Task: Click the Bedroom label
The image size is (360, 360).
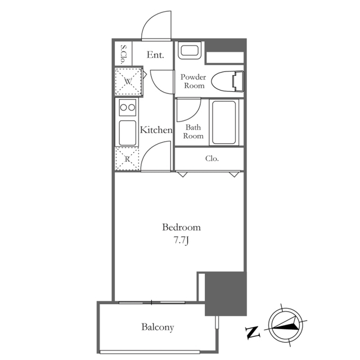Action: pyautogui.click(x=181, y=227)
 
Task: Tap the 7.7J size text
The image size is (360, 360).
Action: pyautogui.click(x=181, y=240)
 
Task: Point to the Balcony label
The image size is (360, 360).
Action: pyautogui.click(x=157, y=327)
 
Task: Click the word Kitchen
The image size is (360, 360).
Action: pyautogui.click(x=156, y=130)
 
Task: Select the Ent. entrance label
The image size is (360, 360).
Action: pyautogui.click(x=155, y=55)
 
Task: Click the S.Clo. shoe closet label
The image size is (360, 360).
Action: pyautogui.click(x=123, y=55)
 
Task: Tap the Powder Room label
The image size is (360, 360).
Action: pyautogui.click(x=193, y=81)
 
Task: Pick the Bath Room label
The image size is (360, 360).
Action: pyautogui.click(x=193, y=132)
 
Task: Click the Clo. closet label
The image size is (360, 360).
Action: pyautogui.click(x=212, y=159)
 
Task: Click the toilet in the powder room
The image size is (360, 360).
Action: pyautogui.click(x=228, y=81)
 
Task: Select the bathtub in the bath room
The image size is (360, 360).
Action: pyautogui.click(x=224, y=123)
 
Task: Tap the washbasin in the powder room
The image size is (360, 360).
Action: pyautogui.click(x=190, y=50)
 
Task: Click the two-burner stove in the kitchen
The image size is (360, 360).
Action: pyautogui.click(x=128, y=107)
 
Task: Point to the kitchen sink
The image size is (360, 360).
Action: pyautogui.click(x=128, y=133)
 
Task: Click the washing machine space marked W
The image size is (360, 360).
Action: pyautogui.click(x=128, y=81)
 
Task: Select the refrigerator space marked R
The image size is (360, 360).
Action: pyautogui.click(x=128, y=159)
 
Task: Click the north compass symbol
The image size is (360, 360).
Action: pyautogui.click(x=286, y=325)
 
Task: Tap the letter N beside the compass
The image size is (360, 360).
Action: pyautogui.click(x=253, y=332)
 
